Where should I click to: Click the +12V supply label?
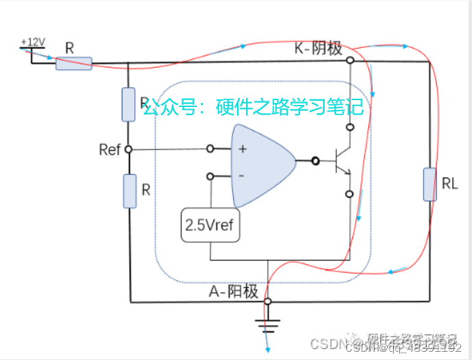pos(33,42)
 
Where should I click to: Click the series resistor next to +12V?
pos(73,64)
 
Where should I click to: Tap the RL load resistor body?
pos(430,184)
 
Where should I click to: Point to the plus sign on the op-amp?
pos(242,148)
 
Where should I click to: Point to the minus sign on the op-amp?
pos(241,176)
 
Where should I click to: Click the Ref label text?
pos(110,149)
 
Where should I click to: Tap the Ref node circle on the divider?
pos(129,149)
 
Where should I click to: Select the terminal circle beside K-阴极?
pos(350,60)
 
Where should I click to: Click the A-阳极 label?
pos(234,291)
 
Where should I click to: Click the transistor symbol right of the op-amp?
pos(341,162)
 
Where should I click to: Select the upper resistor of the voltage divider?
pos(129,104)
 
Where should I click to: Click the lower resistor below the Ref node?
pos(129,191)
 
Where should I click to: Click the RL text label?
pos(449,184)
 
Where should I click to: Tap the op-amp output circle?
pos(315,162)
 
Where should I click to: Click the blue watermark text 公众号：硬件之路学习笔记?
pos(253,108)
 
